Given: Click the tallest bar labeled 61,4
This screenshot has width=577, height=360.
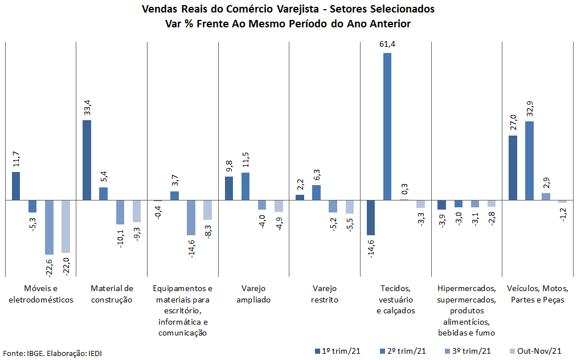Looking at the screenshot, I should coord(387,126).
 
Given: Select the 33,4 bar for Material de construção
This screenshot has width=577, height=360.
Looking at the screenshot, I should coord(87,160).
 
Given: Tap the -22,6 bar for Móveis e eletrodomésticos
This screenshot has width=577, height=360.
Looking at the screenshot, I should coord(49,227).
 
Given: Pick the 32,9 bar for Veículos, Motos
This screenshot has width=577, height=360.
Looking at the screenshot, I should coord(529,161).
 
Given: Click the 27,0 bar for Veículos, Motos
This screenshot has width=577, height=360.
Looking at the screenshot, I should coord(513,168).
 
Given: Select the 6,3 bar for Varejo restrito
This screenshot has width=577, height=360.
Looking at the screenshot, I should coord(316,193).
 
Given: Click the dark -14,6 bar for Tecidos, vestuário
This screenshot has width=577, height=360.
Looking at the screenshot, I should coord(371,218).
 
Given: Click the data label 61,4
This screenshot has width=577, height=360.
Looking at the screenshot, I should coord(387,43).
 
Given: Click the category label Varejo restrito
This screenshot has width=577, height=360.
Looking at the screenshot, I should coord(325,294).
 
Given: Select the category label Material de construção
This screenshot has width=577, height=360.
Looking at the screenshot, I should coord(112,294).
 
